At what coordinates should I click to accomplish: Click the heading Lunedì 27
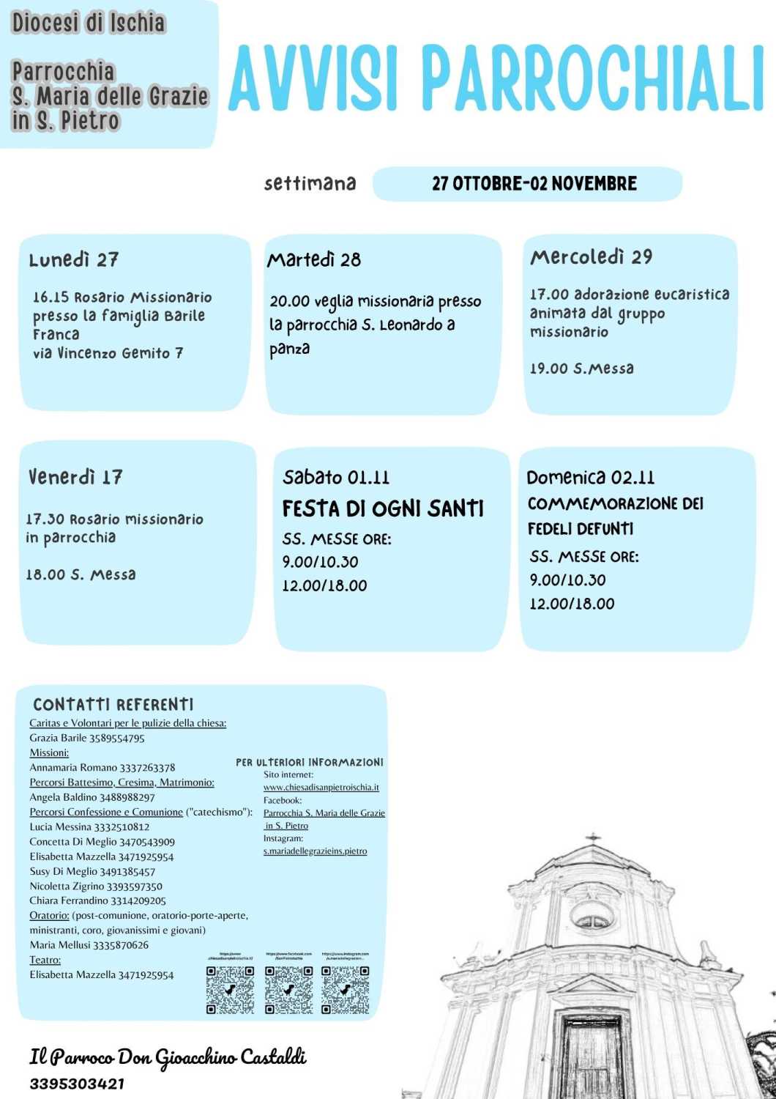point(73,260)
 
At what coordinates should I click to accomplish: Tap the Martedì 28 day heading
point(314,260)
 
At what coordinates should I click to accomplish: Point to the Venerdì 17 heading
point(75,478)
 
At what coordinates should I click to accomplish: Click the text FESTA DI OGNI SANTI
point(383,508)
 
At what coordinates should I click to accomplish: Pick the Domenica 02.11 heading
point(590,478)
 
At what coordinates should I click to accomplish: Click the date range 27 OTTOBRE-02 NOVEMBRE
point(534,183)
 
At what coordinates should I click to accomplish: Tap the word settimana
point(310,183)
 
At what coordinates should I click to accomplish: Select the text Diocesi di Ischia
point(89,23)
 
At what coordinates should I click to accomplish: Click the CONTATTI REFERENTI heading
point(113,705)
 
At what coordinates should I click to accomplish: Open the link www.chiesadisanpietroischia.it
point(321,788)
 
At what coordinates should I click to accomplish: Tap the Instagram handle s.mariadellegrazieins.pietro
point(315,851)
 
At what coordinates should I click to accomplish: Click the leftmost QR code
point(230,990)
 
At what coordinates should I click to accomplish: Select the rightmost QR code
point(346,990)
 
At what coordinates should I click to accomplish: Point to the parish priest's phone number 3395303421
point(77,1084)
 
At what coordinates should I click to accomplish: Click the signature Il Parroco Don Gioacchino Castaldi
point(168,1057)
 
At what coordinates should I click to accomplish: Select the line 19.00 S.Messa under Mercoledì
point(581,369)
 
